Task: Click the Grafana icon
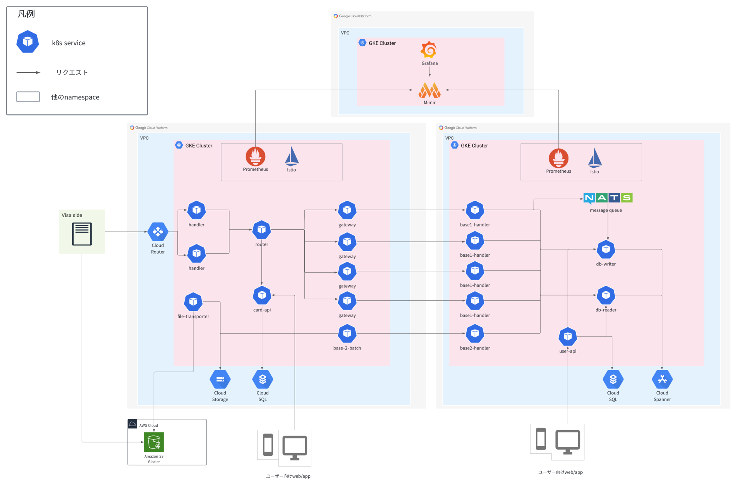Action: coord(429,50)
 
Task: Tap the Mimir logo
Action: coord(429,91)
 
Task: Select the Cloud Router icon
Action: coord(158,232)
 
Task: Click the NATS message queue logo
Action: coord(608,198)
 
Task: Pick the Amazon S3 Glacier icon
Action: coord(154,442)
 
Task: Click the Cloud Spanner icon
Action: coord(662,379)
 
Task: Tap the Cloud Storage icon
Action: coord(220,379)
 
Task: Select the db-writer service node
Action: coord(606,249)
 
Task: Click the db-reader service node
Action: coord(606,295)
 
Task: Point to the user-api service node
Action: coord(568,336)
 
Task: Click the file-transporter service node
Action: coord(193,302)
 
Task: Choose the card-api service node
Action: coord(262,295)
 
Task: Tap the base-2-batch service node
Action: coord(347,333)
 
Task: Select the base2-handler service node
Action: coord(475,333)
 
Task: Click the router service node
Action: coord(261,229)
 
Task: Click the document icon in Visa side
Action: coord(82,234)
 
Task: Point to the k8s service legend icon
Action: coord(28,41)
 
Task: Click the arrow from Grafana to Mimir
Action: coord(430,72)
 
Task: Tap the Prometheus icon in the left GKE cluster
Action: coord(255,156)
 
